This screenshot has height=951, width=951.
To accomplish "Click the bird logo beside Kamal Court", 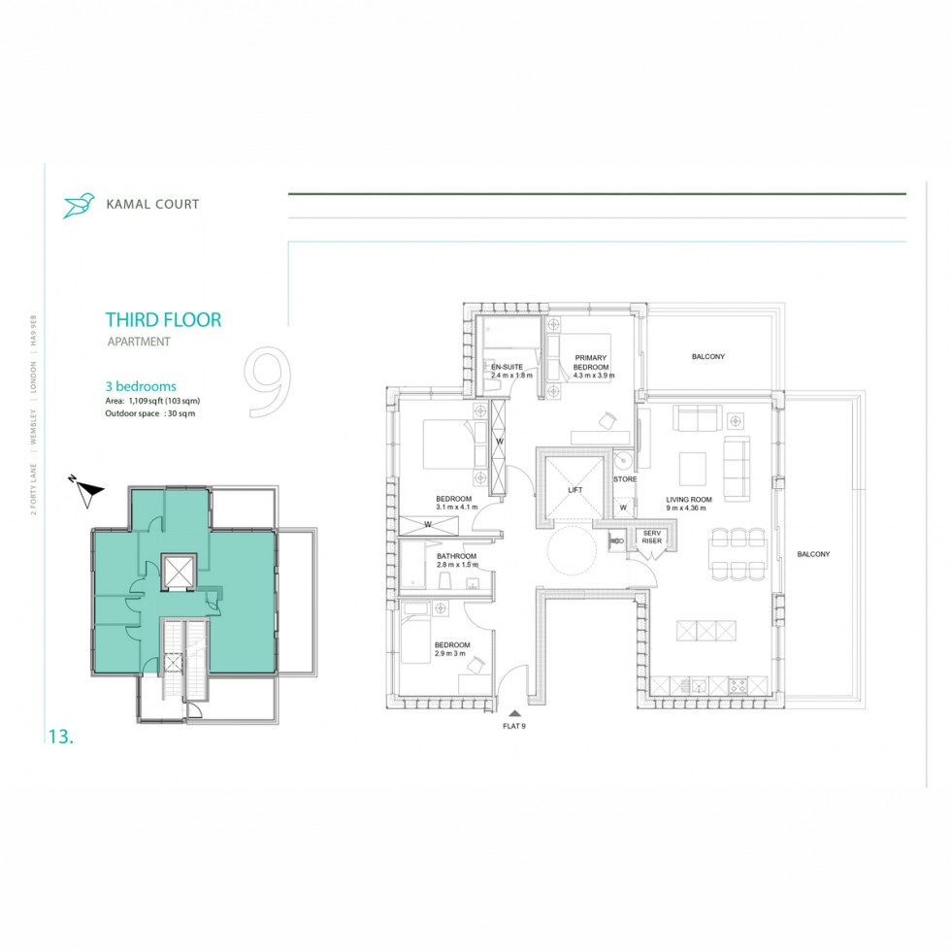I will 79,204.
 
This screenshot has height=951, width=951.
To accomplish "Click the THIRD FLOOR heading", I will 163,319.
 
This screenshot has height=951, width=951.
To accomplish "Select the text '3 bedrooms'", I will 141,386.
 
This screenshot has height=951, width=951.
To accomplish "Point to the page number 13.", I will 60,737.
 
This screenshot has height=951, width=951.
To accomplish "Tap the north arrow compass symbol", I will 88,493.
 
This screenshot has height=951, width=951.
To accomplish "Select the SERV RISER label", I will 651,537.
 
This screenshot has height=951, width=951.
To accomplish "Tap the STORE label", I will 625,478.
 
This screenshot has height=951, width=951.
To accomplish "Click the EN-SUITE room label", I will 507,367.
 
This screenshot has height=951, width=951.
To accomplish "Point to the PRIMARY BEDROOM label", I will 590,362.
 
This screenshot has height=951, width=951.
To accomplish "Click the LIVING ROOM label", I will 689,500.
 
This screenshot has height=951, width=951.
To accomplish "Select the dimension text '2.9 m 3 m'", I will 450,654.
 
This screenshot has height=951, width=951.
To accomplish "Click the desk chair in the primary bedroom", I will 607,419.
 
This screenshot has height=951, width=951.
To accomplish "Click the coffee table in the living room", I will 692,468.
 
